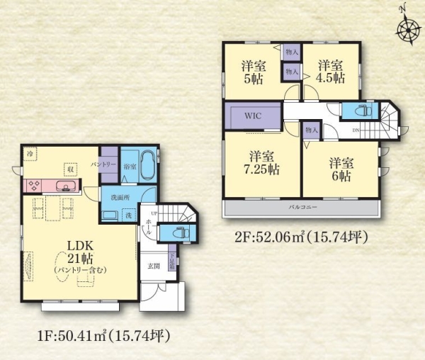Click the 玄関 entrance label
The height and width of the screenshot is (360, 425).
154,267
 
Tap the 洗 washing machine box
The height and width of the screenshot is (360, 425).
128,215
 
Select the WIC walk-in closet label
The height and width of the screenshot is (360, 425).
254,116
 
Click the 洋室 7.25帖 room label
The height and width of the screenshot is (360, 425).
261,163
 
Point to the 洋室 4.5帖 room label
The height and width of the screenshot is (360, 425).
331,70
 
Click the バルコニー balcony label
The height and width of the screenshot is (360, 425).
302,209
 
